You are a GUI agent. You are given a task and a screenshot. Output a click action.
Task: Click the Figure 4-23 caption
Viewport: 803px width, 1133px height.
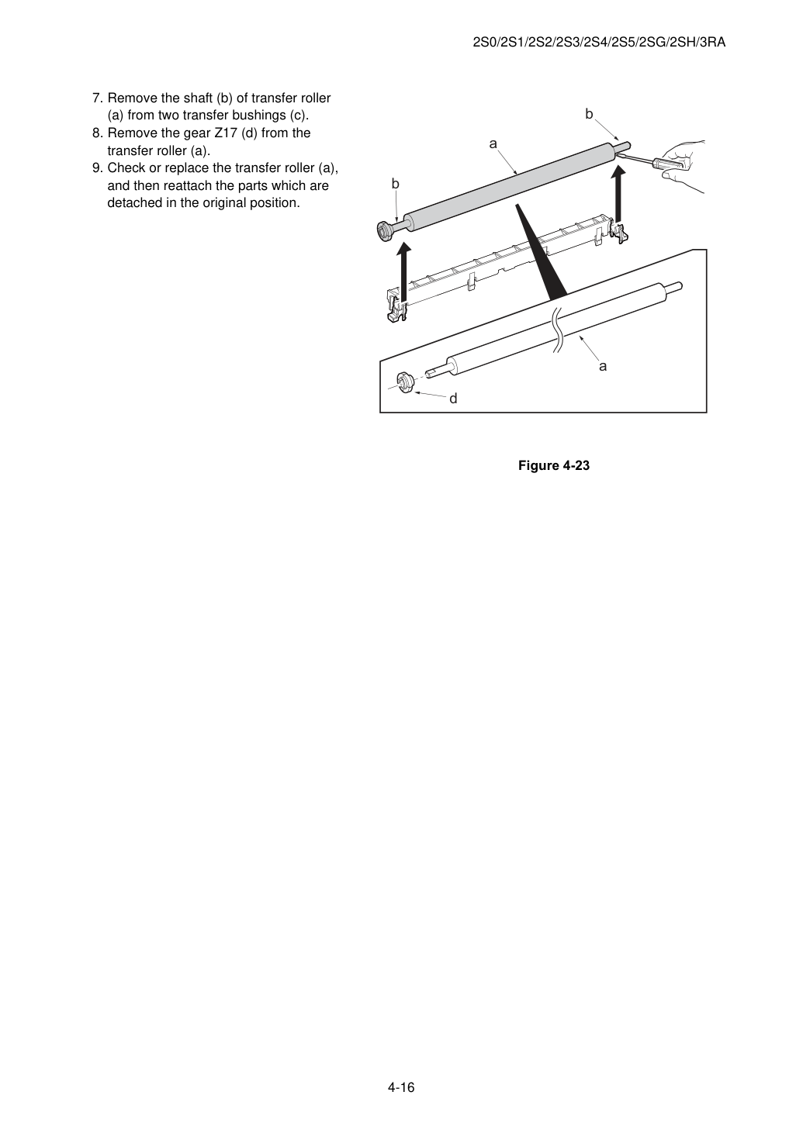(553, 465)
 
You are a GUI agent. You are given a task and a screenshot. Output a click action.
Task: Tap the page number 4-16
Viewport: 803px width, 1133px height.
(401, 1087)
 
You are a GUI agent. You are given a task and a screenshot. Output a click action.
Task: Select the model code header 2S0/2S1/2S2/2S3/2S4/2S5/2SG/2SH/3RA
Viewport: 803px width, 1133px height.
(599, 43)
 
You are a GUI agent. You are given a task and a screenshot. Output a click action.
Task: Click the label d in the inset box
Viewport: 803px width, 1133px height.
(453, 399)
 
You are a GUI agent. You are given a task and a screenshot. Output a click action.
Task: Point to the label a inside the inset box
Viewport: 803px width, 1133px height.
(603, 366)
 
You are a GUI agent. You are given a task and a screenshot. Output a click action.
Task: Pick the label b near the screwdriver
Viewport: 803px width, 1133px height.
(589, 114)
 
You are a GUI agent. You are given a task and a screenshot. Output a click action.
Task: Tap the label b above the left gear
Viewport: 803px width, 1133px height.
(396, 184)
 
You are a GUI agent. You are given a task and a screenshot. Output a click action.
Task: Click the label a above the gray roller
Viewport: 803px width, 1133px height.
(493, 144)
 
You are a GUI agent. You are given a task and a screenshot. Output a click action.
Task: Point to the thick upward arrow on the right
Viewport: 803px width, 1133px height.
(618, 195)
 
